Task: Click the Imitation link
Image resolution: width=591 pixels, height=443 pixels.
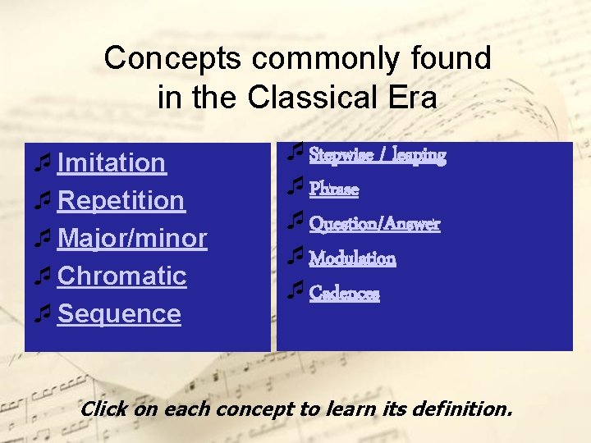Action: pos(112,163)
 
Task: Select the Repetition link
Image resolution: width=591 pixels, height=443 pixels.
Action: pos(121,201)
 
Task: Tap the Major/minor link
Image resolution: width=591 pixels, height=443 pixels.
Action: pos(132,239)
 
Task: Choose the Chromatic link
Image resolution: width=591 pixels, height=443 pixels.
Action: pos(122,276)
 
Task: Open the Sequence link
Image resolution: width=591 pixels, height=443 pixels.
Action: pos(119,314)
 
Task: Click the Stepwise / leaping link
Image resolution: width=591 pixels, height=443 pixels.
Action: pos(377,155)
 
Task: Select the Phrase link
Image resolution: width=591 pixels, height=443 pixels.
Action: pos(333,190)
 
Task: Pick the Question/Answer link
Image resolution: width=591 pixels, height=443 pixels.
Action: pos(374,224)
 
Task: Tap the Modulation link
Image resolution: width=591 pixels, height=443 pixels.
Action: pos(352,258)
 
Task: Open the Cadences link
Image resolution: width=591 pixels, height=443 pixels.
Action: pos(344,293)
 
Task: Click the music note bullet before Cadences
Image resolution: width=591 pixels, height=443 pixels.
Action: pos(295,290)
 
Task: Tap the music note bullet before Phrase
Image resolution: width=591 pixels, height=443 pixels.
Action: pos(295,187)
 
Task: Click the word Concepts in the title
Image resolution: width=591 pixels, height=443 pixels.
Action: pos(173,58)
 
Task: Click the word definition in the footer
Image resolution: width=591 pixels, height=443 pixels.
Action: pos(465,409)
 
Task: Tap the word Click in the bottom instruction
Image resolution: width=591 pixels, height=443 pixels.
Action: pos(103,409)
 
